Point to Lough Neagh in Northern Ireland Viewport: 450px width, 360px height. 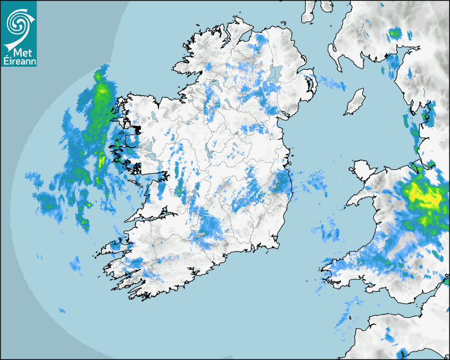pyautogui.click(x=275, y=73)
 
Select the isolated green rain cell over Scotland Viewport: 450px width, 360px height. pyautogui.click(x=394, y=34)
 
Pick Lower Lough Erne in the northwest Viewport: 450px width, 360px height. pyautogui.click(x=214, y=85)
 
